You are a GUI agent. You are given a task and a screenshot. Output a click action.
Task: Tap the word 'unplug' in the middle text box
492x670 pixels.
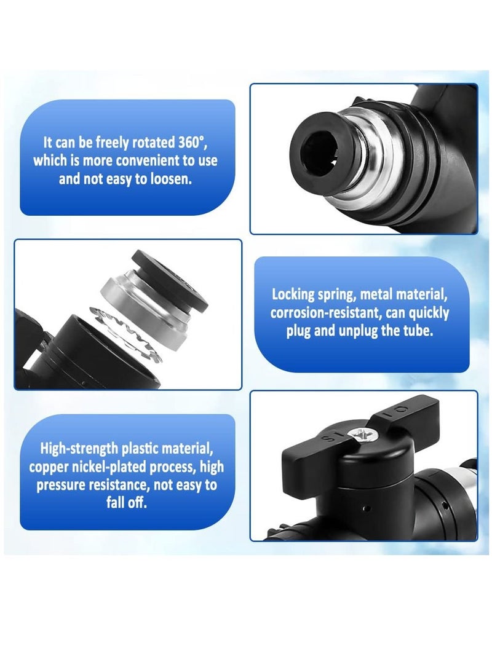(386, 332)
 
